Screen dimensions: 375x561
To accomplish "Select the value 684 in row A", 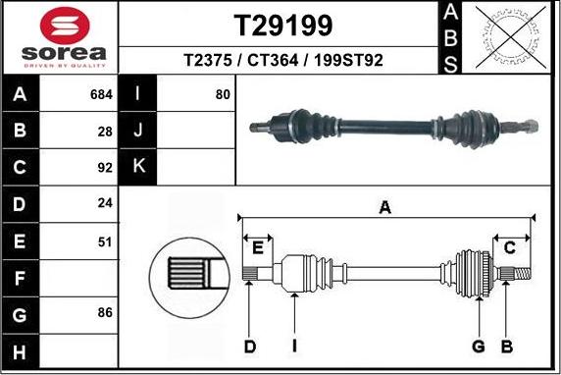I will [x=101, y=95].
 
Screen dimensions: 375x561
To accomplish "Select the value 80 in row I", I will [x=223, y=95].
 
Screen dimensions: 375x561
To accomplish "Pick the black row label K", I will [x=138, y=167].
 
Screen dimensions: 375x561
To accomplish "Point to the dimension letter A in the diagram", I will [x=385, y=207].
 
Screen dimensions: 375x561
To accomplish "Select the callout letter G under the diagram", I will [x=479, y=346].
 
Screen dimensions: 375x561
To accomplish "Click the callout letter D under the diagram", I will [x=250, y=346].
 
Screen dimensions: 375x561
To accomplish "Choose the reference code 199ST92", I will [x=348, y=61].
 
